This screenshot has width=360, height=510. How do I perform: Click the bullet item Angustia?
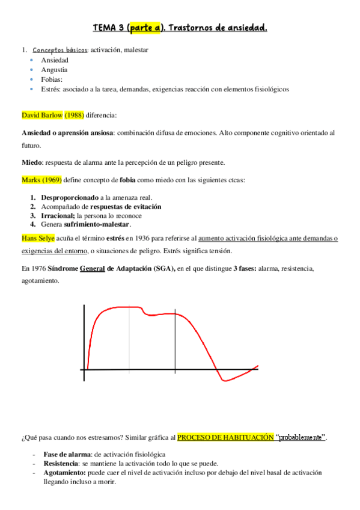pos(54,70)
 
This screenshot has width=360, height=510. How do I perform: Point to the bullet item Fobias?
pos(52,79)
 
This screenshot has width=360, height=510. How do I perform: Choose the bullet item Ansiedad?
pos(55,60)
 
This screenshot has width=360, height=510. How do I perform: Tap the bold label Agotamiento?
pos(66,473)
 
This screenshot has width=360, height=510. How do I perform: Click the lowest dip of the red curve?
pos(224,380)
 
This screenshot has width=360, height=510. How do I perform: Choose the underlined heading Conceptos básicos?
pos(59,51)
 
